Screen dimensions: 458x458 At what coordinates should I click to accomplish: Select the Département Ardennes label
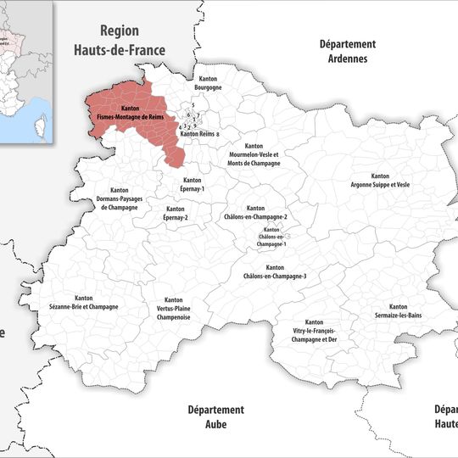(x=347, y=52)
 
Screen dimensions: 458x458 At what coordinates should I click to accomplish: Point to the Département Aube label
(x=215, y=416)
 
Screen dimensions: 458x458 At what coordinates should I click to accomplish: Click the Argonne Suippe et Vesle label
(x=380, y=180)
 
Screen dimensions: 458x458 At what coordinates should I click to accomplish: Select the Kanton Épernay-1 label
(x=192, y=184)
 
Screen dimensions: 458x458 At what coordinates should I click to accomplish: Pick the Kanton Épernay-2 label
(x=176, y=213)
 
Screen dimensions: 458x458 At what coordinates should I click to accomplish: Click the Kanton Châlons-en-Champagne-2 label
(x=255, y=213)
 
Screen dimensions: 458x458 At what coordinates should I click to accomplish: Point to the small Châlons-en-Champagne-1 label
(x=272, y=237)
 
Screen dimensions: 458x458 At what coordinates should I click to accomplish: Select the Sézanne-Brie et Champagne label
(x=84, y=302)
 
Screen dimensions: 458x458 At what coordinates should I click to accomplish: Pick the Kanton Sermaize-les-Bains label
(x=398, y=311)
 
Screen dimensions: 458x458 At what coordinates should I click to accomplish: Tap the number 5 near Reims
(x=193, y=105)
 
